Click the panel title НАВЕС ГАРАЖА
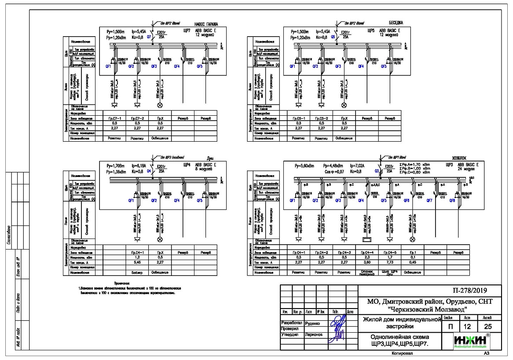point(206,23)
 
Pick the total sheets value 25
point(487,327)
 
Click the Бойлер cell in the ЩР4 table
point(136,272)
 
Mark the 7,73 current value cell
point(390,262)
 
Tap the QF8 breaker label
point(452,200)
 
